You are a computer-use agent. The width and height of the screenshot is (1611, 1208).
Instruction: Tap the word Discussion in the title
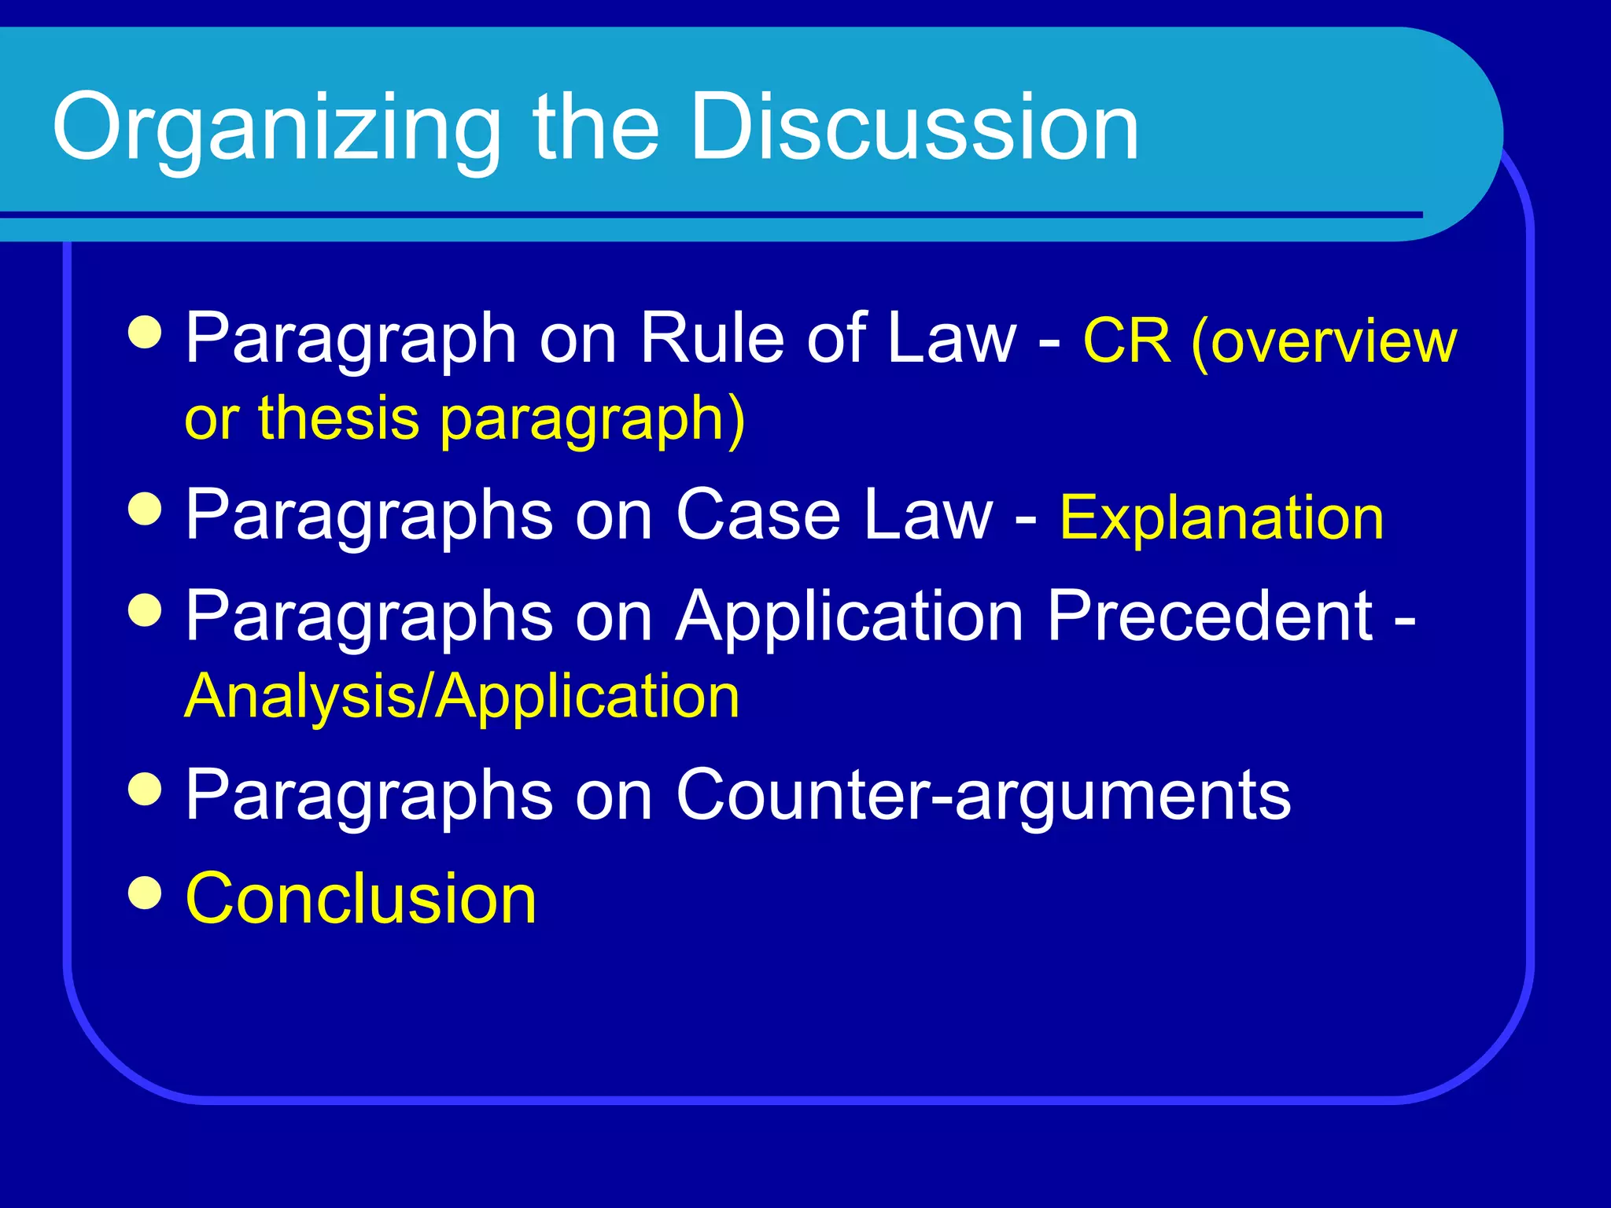tap(914, 127)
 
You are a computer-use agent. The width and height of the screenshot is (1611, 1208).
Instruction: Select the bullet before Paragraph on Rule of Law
tap(145, 333)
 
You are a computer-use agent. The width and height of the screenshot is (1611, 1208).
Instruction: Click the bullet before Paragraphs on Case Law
tap(145, 510)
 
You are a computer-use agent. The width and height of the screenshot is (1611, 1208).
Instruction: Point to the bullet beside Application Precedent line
tap(145, 610)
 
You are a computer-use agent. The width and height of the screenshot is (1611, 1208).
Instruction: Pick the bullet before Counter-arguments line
tap(145, 790)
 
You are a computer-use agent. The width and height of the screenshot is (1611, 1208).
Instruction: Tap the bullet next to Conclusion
tap(145, 893)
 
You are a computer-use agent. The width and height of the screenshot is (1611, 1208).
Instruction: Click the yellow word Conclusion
tap(361, 898)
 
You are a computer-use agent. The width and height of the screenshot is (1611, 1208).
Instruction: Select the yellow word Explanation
tap(1222, 518)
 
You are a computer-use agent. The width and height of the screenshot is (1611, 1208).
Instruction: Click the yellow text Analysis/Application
tap(462, 697)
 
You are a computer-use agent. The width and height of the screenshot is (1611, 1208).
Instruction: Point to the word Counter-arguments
tap(982, 794)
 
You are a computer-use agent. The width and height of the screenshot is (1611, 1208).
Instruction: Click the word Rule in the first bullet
tap(712, 338)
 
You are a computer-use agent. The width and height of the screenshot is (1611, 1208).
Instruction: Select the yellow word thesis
tap(339, 418)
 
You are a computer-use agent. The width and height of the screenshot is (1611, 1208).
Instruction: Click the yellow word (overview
tap(1325, 343)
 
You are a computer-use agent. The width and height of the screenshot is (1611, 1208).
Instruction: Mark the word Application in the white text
tap(850, 617)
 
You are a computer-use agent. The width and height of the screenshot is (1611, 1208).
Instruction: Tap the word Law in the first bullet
tap(951, 338)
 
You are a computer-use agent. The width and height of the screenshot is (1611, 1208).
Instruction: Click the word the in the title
tap(595, 127)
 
